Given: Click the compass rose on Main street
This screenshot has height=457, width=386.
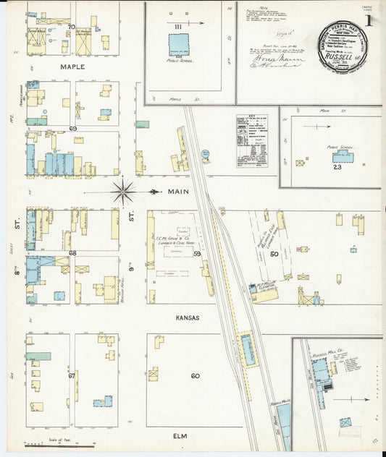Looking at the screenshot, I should (123, 192).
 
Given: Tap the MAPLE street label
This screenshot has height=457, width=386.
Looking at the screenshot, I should (72, 67).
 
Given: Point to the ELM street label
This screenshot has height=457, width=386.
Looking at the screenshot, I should (180, 435).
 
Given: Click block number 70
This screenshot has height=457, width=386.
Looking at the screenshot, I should (71, 27).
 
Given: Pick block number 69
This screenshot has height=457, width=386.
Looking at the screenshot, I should (72, 128).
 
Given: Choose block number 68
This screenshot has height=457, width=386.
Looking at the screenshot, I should (72, 253).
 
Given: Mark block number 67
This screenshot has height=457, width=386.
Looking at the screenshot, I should (72, 375).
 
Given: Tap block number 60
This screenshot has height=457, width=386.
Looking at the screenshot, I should (195, 375).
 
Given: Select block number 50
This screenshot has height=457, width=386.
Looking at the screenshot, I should (274, 254).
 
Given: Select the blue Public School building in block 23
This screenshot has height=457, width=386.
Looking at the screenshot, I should (342, 156).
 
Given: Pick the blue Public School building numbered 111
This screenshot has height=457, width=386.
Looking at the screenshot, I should (179, 43).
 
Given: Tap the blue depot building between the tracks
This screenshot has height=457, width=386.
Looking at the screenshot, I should (248, 349).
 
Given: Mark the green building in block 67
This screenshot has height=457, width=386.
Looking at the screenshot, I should (39, 356).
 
